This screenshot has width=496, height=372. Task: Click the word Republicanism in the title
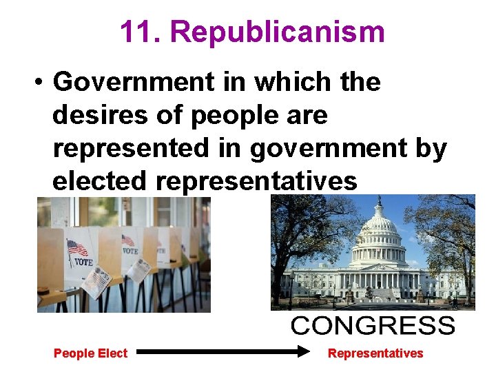tap(277, 32)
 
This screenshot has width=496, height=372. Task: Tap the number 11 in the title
tap(140, 32)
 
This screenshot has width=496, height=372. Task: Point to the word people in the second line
tap(225, 115)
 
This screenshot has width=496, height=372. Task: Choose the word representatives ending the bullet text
tap(257, 181)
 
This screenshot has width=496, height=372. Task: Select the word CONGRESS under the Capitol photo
tap(373, 326)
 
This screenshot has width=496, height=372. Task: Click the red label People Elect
tap(90, 353)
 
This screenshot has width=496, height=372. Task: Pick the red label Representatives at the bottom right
tap(375, 353)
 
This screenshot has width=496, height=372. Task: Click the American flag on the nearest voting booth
tap(77, 247)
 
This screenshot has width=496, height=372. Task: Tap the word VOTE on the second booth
tap(130, 251)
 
